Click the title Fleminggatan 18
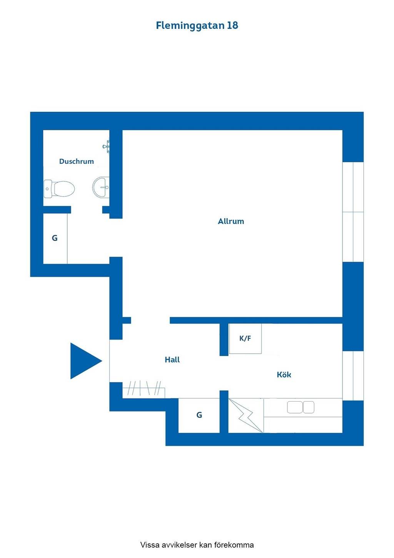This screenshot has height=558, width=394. coord(197,26)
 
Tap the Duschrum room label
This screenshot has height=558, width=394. coord(76,161)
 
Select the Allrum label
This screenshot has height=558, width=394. coord(231,221)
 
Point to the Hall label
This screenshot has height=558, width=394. coord(172,360)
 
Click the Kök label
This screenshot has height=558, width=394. coord(284,375)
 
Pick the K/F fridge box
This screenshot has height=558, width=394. coord(245,338)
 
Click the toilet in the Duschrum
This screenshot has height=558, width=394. coord(59,189)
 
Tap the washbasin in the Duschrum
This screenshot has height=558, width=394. coord(101,187)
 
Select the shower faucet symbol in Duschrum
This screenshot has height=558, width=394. coord(106,146)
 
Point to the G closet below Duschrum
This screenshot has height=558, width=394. coord(55,239)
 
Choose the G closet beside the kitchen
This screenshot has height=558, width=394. coord(199,415)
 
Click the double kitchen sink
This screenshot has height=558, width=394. coord(301,407)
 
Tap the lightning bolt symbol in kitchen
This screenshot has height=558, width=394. coord(246,415)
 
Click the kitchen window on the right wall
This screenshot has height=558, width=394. coord(353,376)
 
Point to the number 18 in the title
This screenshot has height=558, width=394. coord(232,25)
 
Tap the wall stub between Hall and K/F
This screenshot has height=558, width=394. coord(224,340)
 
